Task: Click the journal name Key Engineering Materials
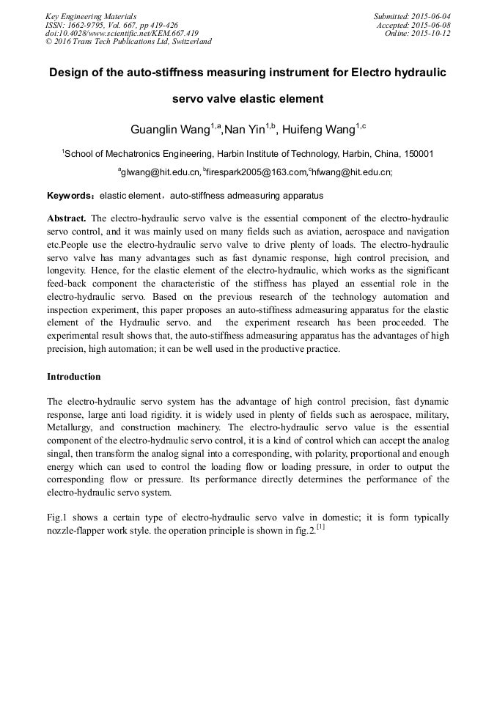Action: (x=91, y=16)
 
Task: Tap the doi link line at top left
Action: (x=122, y=33)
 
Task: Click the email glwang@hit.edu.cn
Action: (x=159, y=173)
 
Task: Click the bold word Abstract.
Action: (x=67, y=219)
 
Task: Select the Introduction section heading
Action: (x=74, y=377)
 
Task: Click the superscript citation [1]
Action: (x=321, y=527)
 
